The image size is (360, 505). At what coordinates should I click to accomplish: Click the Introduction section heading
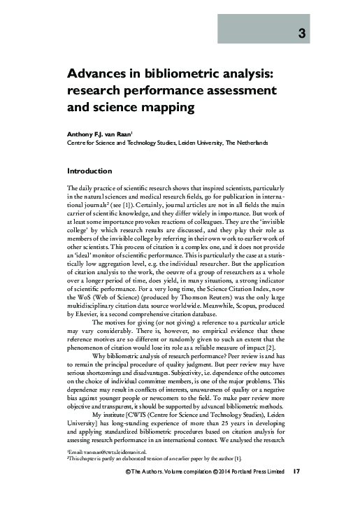[x=89, y=171]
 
